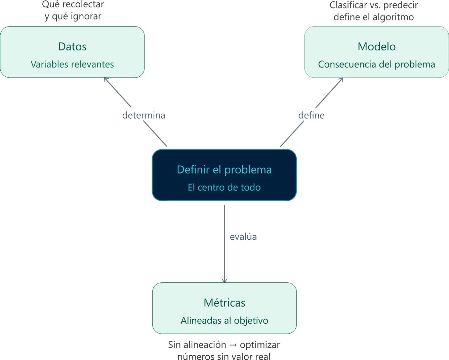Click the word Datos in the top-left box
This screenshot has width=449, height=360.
click(x=72, y=46)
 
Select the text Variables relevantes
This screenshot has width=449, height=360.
click(x=72, y=64)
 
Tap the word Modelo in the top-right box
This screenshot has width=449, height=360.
click(x=376, y=46)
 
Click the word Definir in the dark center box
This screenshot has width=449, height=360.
click(x=193, y=169)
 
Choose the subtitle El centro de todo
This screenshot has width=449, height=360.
click(x=224, y=187)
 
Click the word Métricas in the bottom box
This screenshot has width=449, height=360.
click(x=225, y=303)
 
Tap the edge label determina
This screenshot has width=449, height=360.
click(x=144, y=116)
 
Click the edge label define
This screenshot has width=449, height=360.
click(x=312, y=116)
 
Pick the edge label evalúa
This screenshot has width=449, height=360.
click(x=243, y=237)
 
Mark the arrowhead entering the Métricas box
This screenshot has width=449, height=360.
click(x=225, y=280)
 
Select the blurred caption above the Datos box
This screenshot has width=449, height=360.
click(x=72, y=11)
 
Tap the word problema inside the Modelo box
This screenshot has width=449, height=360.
click(x=415, y=64)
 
